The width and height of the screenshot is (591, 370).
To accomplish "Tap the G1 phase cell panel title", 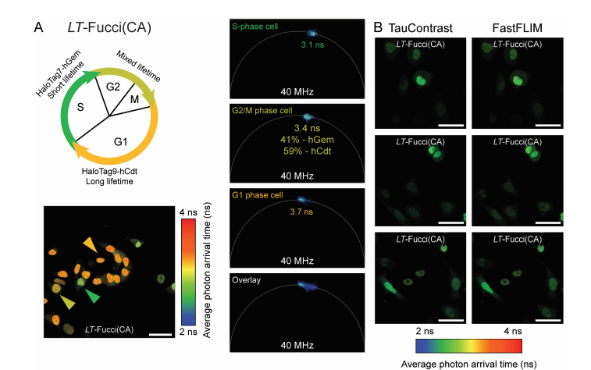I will [262, 195].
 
